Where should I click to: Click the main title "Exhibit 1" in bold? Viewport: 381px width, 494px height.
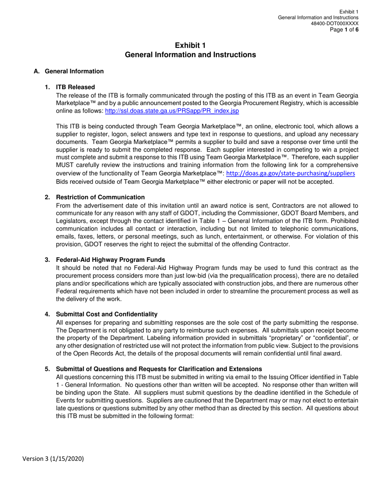pos(190,45)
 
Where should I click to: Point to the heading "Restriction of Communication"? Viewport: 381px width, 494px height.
pos(100,197)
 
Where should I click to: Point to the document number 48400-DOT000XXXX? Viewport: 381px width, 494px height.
pos(334,23)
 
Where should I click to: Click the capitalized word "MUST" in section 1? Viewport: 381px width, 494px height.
pos(65,165)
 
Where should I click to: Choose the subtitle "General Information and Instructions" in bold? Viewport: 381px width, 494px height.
pos(190,55)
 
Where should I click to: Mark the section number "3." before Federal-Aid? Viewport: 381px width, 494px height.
pos(48,259)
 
